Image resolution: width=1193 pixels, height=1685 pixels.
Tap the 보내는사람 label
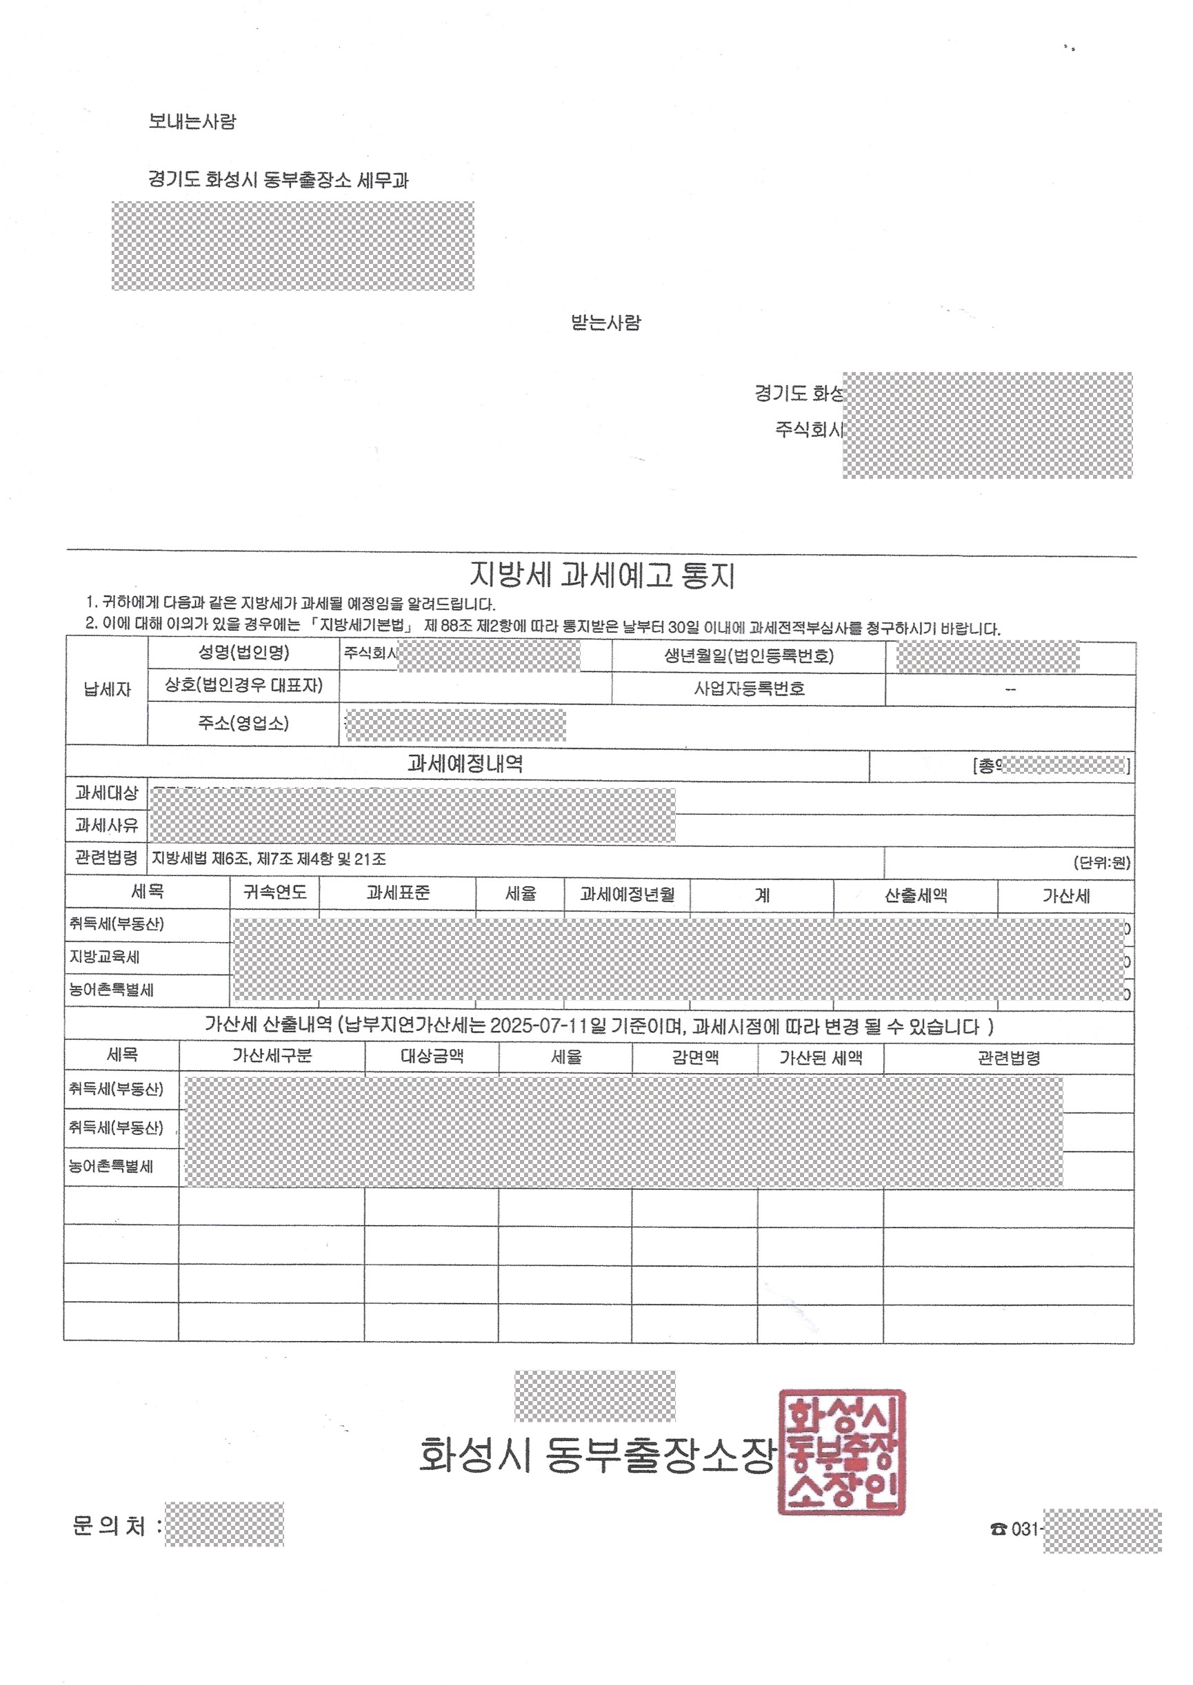click(x=192, y=121)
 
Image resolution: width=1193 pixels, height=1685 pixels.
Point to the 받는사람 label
click(x=605, y=323)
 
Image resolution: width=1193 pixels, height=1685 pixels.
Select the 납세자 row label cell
click(x=108, y=689)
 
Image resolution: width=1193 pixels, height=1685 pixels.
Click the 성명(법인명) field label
click(x=244, y=653)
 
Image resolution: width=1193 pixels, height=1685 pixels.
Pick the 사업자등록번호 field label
click(x=749, y=688)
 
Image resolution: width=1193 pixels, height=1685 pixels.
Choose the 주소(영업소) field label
click(x=243, y=723)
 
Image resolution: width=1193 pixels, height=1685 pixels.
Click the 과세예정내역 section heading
click(x=465, y=764)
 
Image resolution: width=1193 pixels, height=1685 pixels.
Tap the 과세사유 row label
click(x=106, y=825)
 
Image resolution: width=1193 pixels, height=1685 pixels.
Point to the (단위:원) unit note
click(x=1101, y=862)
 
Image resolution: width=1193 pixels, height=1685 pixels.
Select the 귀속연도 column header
click(x=274, y=892)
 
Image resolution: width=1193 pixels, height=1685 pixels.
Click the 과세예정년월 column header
click(x=627, y=895)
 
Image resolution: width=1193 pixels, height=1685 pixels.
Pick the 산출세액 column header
click(x=915, y=895)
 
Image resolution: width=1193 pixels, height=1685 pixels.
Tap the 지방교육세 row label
click(x=104, y=957)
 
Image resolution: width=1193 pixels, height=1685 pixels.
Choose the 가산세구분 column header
click(x=272, y=1056)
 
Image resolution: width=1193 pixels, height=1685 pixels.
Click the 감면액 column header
click(x=694, y=1057)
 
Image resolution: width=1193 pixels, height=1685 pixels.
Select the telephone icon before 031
click(x=999, y=1529)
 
